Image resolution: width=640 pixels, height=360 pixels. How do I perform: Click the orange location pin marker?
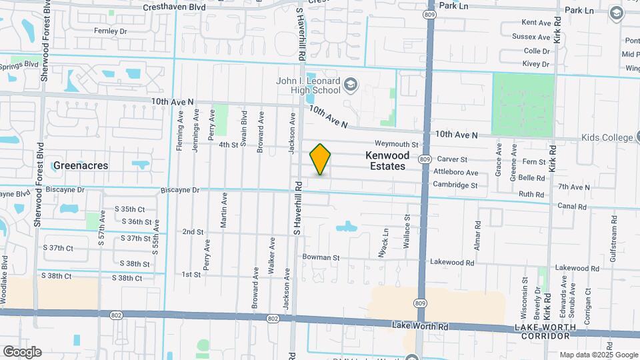pyautogui.click(x=321, y=159)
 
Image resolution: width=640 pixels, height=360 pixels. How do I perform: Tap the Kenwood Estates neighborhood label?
pyautogui.click(x=385, y=161)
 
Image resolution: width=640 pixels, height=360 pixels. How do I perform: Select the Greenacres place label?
pyautogui.click(x=80, y=165)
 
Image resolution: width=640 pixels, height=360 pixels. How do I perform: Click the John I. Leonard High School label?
pyautogui.click(x=308, y=85)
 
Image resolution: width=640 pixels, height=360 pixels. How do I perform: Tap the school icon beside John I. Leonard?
pyautogui.click(x=351, y=85)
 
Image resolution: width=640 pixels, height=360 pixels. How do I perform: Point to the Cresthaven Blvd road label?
pyautogui.click(x=175, y=7)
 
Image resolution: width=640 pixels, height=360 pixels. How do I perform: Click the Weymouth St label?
pyautogui.click(x=396, y=144)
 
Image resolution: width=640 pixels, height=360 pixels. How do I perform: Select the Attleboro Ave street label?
pyautogui.click(x=456, y=172)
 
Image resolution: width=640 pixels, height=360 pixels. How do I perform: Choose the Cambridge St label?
pyautogui.click(x=455, y=185)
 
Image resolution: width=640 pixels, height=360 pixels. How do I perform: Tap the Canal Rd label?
pyautogui.click(x=573, y=206)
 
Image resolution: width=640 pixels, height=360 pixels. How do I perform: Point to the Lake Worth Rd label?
pyautogui.click(x=420, y=326)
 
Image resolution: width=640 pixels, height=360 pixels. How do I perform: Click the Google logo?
pyautogui.click(x=22, y=351)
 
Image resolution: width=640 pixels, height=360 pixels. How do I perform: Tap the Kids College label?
pyautogui.click(x=606, y=137)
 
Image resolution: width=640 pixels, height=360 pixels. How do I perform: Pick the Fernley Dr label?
pyautogui.click(x=110, y=31)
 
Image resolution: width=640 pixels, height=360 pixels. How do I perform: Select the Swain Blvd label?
pyautogui.click(x=244, y=131)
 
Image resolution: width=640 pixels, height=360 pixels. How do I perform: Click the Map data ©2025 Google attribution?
pyautogui.click(x=598, y=355)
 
